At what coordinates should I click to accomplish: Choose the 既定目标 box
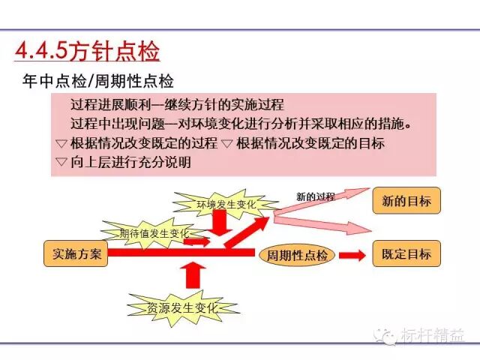(406, 253)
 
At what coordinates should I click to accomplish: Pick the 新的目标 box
(406, 201)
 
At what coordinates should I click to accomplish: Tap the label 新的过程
(315, 196)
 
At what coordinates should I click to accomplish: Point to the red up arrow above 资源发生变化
(193, 276)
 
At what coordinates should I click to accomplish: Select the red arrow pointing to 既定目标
(352, 255)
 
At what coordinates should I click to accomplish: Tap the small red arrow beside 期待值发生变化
(196, 241)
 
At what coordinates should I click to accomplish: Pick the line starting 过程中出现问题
(240, 123)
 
